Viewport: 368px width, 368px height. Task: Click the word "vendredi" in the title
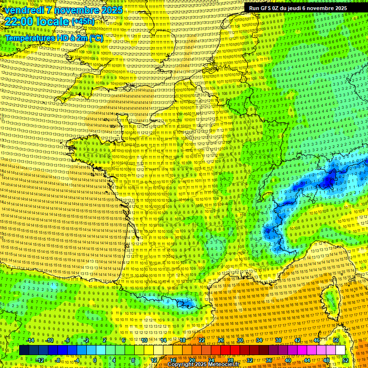click(22, 10)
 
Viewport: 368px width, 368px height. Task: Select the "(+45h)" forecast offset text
click(82, 22)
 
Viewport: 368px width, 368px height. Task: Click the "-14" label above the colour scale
click(30, 341)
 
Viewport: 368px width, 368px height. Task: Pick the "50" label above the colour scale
click(336, 341)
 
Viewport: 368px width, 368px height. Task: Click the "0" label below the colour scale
click(95, 360)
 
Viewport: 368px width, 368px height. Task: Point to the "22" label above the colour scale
click(202, 341)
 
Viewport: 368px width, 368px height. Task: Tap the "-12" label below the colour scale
click(40, 360)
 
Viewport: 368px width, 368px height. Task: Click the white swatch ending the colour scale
click(340, 350)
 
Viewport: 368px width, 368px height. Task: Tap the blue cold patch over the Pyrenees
click(184, 303)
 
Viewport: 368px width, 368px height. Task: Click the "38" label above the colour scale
click(278, 341)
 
